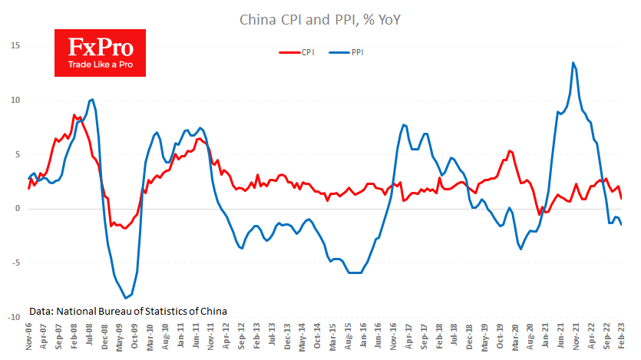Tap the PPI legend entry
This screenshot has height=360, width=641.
pos(346,53)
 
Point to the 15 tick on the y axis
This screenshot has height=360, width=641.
pos(14,46)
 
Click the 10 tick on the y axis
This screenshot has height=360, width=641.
pos(14,101)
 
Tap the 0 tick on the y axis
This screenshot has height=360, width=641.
pos(17,209)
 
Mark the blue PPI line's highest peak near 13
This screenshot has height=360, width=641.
pos(573,63)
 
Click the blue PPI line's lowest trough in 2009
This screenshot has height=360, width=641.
pos(125,298)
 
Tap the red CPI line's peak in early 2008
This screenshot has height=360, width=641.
pos(74,115)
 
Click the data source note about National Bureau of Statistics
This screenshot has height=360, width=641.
pos(128,311)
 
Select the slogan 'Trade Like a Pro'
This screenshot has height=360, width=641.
pos(94,65)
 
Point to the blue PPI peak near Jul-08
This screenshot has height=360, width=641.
pos(92,99)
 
